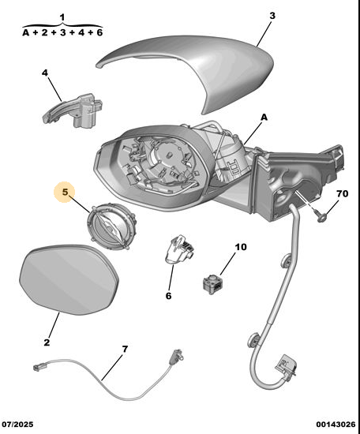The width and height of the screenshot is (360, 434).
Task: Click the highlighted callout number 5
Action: click(65, 192)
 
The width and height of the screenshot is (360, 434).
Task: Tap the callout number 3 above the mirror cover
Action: click(272, 16)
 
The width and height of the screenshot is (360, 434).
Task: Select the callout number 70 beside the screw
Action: click(343, 193)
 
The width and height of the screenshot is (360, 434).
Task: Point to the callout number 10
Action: click(241, 247)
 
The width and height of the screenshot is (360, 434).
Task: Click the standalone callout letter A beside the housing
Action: click(264, 118)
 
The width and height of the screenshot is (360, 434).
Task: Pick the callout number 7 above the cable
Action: click(126, 350)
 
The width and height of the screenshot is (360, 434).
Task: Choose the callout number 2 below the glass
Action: click(47, 342)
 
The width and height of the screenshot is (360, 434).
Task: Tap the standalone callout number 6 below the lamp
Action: click(169, 296)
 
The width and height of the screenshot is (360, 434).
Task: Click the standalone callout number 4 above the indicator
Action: click(44, 73)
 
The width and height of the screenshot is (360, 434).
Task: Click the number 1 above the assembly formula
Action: click(62, 17)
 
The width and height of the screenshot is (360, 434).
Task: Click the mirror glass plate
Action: click(69, 279)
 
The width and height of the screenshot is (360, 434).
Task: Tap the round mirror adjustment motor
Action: click(111, 226)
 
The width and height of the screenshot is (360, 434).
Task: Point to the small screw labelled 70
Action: click(321, 216)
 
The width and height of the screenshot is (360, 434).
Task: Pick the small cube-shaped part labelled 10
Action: click(213, 283)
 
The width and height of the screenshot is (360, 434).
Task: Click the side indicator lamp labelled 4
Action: click(73, 110)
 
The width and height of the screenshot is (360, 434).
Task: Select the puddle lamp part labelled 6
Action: click(178, 250)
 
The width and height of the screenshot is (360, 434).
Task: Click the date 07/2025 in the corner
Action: click(17, 424)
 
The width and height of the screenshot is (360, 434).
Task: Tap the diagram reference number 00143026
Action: click(336, 424)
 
